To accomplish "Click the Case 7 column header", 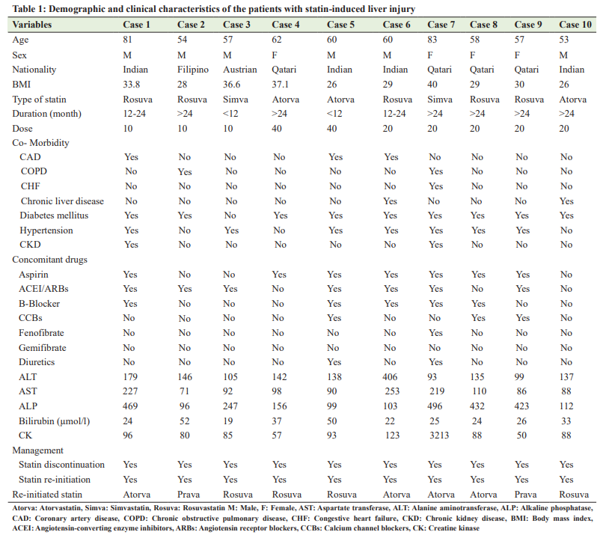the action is [x=441, y=25].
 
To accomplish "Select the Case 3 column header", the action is [x=236, y=25].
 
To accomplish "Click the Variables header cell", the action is [x=32, y=25].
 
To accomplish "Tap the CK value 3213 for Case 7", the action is [x=439, y=435].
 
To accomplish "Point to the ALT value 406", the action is [x=390, y=377].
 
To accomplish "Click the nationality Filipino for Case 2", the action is [x=193, y=70].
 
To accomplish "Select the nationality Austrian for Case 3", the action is [x=240, y=70].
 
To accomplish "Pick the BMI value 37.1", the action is [x=281, y=85].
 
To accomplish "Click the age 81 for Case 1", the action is [x=127, y=40].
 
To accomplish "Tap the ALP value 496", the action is [x=435, y=406].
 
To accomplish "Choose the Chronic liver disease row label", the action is [x=62, y=201].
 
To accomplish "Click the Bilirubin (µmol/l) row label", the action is [x=54, y=421].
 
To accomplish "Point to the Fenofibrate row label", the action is [x=41, y=333].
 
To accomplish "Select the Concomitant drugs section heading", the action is [x=50, y=260].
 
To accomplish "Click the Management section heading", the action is [x=38, y=450].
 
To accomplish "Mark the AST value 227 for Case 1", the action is [x=130, y=391].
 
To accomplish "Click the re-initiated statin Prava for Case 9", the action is [x=526, y=495].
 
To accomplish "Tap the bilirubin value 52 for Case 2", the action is [x=184, y=421].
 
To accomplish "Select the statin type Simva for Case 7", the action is [x=440, y=100].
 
